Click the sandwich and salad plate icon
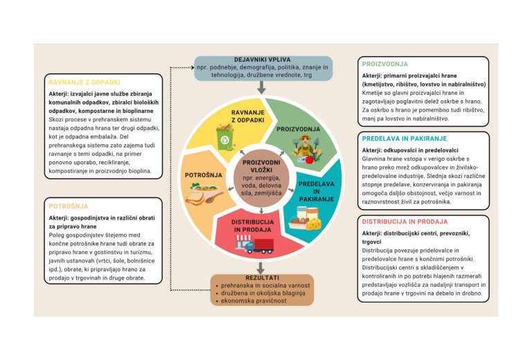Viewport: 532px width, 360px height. [x=205, y=196]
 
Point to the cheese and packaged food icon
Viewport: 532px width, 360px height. [x=308, y=221]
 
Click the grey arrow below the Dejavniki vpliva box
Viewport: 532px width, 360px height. [x=262, y=87]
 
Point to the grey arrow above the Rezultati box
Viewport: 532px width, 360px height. [x=262, y=266]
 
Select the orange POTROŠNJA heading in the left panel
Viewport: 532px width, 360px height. [x=67, y=206]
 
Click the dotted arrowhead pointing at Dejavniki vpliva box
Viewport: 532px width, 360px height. [x=190, y=68]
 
